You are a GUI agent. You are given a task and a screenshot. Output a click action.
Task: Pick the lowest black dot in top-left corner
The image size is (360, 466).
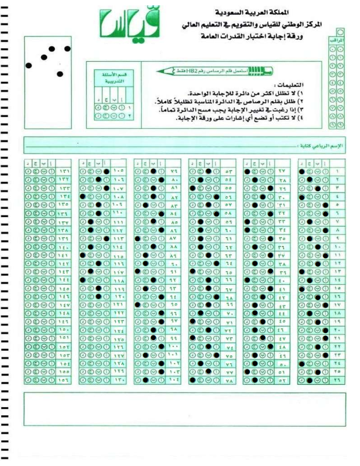pos(60,74)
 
